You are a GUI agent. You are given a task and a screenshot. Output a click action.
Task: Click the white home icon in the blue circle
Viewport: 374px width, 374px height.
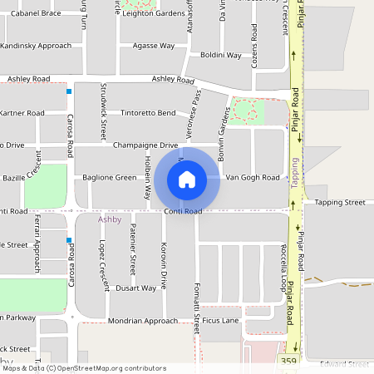click(187, 178)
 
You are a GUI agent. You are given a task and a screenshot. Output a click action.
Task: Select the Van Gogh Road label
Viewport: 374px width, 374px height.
click(253, 178)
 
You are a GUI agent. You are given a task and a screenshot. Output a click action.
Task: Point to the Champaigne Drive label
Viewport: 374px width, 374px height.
click(145, 145)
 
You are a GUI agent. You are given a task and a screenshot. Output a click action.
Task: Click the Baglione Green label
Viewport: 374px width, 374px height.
click(110, 178)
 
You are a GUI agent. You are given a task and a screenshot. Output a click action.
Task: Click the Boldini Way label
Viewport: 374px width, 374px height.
click(220, 56)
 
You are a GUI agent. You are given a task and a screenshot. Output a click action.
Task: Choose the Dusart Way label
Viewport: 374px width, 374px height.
click(135, 288)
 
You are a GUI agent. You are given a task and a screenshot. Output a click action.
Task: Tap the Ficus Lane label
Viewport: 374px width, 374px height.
click(220, 320)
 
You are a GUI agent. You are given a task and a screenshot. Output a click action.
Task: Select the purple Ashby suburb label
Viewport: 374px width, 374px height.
click(110, 220)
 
